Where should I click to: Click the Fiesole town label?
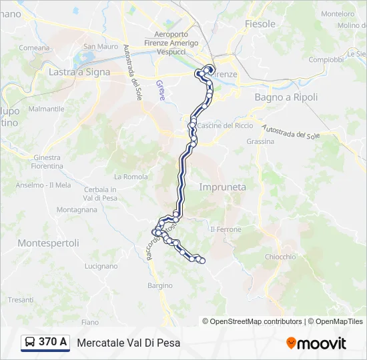pyautogui.click(x=260, y=24)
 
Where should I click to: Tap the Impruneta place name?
pyautogui.click(x=222, y=187)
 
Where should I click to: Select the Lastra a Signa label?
pyautogui.click(x=79, y=72)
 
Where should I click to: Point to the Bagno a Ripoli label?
pyautogui.click(x=286, y=97)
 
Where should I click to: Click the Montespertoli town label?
pyautogui.click(x=49, y=243)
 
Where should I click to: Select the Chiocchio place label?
pyautogui.click(x=280, y=257)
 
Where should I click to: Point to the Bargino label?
pyautogui.click(x=160, y=285)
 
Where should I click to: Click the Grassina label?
pyautogui.click(x=260, y=141)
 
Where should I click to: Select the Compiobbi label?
pyautogui.click(x=326, y=59)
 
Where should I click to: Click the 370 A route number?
pyautogui.click(x=53, y=343)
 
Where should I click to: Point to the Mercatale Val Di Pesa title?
pyautogui.click(x=129, y=343)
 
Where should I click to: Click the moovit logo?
pyautogui.click(x=316, y=343)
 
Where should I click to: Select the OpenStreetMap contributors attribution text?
pyautogui.click(x=252, y=321)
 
